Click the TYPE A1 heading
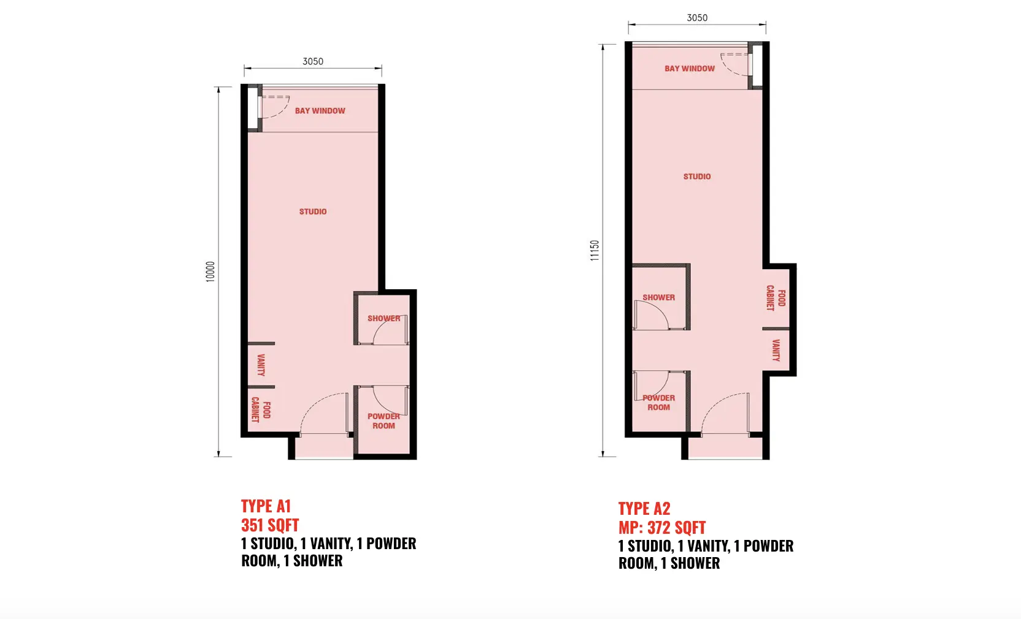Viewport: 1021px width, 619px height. pyautogui.click(x=266, y=506)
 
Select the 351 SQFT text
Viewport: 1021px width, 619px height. pyautogui.click(x=270, y=525)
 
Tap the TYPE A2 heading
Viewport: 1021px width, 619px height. pyautogui.click(x=644, y=509)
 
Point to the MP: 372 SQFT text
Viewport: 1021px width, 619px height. pyautogui.click(x=662, y=528)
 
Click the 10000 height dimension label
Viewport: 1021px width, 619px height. pyautogui.click(x=210, y=272)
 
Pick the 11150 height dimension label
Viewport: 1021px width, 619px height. pyautogui.click(x=595, y=250)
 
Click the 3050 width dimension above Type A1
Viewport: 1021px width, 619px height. pyautogui.click(x=313, y=61)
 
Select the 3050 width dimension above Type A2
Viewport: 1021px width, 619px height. pyautogui.click(x=698, y=18)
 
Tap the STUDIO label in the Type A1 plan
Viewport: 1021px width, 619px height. pyautogui.click(x=313, y=211)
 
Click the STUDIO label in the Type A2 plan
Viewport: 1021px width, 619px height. pyautogui.click(x=697, y=177)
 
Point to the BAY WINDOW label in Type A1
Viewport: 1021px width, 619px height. pyautogui.click(x=320, y=110)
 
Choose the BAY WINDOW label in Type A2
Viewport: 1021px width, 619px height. pyautogui.click(x=690, y=69)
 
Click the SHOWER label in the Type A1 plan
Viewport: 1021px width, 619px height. pyautogui.click(x=383, y=319)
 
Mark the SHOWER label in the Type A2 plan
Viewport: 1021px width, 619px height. pyautogui.click(x=658, y=298)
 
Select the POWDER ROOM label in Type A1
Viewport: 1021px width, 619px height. pyautogui.click(x=383, y=421)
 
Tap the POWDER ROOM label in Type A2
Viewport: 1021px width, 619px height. pyautogui.click(x=658, y=402)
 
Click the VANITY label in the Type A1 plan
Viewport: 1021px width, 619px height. pyautogui.click(x=261, y=365)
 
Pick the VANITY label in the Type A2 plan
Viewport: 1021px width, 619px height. pyautogui.click(x=776, y=351)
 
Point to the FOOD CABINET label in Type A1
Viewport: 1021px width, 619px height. pyautogui.click(x=261, y=409)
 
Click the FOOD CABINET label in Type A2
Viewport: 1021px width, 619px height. pyautogui.click(x=776, y=298)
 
